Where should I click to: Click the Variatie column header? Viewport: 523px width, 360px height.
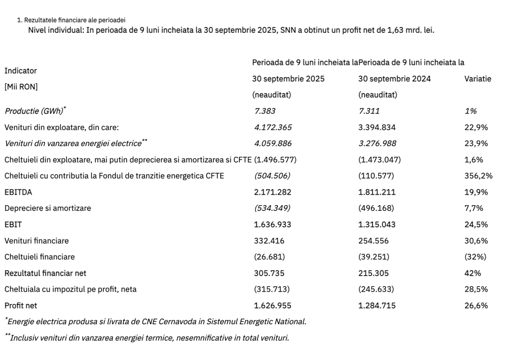478,79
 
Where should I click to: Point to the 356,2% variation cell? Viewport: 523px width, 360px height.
478,176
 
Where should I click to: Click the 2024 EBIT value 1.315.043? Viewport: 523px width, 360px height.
377,225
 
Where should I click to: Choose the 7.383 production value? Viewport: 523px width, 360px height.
265,111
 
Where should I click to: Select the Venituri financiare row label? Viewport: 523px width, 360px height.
36,241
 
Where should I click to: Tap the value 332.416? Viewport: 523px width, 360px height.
269,241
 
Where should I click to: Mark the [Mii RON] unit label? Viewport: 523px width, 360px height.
21,86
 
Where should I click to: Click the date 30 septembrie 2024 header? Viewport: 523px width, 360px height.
394,79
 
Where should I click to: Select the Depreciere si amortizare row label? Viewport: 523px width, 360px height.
47,208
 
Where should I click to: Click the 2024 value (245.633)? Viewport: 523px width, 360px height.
376,290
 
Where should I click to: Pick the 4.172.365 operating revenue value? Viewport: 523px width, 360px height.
273,127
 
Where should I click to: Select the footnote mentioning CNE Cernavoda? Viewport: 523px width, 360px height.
156,322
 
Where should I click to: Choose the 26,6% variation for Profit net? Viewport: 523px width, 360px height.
476,306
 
